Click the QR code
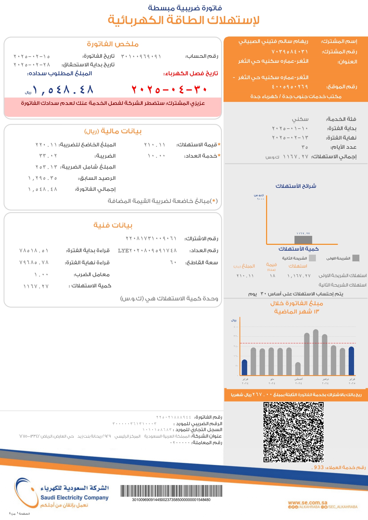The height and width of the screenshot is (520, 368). (293, 432)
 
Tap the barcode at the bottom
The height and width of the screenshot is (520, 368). (171, 491)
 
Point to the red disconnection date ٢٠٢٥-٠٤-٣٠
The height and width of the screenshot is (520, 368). (169, 89)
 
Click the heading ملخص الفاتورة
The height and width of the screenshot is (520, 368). (113, 44)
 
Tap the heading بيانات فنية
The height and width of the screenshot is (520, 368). (113, 225)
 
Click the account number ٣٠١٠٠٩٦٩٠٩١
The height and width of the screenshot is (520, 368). (141, 56)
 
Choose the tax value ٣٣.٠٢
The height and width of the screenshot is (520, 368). (48, 156)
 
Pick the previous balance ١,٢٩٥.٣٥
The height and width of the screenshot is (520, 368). (43, 178)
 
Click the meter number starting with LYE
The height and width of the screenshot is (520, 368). (147, 251)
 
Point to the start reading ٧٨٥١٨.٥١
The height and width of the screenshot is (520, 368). (34, 251)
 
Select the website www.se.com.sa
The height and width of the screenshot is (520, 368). (307, 503)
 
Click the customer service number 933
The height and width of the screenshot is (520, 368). (319, 467)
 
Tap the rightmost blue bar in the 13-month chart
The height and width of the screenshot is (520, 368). (351, 361)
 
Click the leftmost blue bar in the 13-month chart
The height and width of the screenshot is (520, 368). (245, 367)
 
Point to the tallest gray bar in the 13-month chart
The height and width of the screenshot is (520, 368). (316, 353)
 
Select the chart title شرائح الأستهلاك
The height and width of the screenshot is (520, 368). (296, 186)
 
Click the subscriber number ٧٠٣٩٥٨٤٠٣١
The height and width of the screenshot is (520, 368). (290, 52)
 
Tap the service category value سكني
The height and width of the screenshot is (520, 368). (300, 119)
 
